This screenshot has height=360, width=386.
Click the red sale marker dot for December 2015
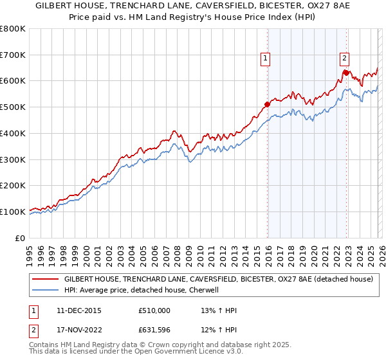(x=267, y=104)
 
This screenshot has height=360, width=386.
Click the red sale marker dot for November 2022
(x=346, y=73)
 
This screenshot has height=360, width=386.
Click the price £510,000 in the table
(x=154, y=310)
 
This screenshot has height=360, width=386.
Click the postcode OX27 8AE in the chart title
(x=306, y=6)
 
